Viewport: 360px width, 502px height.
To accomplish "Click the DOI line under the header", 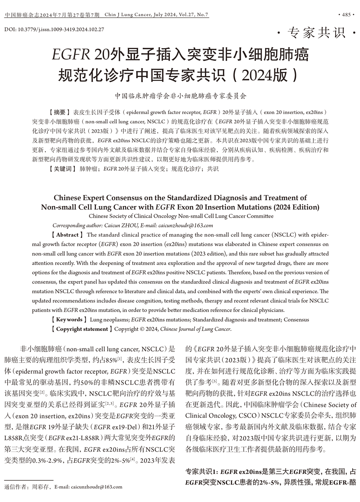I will (x=54, y=29).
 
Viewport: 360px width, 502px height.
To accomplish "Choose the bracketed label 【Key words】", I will (x=69, y=319).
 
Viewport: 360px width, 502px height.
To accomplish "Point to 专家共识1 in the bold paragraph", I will (x=201, y=471).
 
